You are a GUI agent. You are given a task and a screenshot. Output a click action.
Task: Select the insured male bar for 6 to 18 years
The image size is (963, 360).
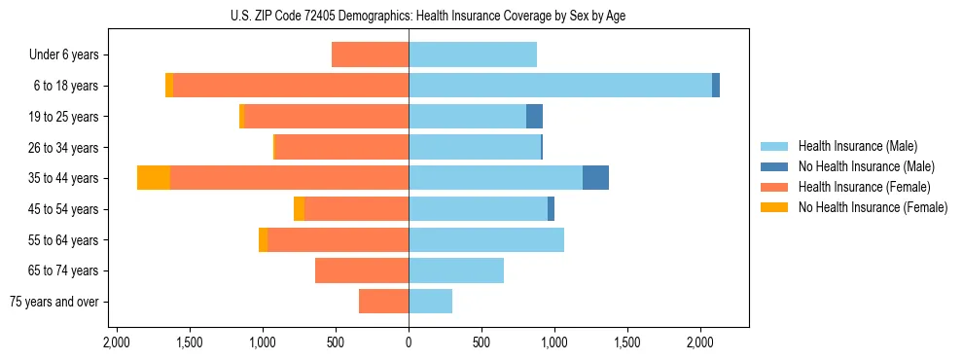[560, 86]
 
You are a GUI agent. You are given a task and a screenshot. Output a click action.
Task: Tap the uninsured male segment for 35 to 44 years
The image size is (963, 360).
[595, 178]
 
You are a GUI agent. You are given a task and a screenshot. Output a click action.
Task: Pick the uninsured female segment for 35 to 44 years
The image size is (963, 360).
[154, 178]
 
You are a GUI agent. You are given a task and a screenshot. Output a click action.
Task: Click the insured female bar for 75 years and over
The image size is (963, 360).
[383, 302]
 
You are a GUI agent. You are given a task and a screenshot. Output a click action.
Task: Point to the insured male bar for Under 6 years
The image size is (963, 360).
[473, 54]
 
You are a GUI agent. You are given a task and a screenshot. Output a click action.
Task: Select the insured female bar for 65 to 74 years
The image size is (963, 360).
[362, 270]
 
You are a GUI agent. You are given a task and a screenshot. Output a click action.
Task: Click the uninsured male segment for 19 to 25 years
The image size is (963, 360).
[534, 117]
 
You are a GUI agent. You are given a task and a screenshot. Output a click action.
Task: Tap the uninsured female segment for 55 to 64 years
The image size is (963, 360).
[263, 239]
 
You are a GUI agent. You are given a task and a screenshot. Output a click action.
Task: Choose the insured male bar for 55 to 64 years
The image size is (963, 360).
[486, 239]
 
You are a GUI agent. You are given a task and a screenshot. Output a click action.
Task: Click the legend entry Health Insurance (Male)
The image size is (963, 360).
[857, 146]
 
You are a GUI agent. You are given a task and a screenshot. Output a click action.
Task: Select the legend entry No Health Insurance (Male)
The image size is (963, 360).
[866, 166]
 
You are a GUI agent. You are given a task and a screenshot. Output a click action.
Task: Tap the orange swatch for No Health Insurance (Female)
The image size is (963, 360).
[774, 207]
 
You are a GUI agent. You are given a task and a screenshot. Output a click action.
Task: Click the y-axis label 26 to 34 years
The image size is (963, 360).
[63, 148]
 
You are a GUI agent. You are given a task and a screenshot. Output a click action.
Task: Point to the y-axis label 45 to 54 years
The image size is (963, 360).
[63, 209]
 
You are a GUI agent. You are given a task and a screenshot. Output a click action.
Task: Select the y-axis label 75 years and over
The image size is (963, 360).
[54, 302]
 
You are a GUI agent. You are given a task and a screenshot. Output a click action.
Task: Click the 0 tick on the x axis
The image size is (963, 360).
[409, 342]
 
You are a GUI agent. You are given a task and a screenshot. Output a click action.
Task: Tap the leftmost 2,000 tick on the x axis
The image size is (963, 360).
[117, 342]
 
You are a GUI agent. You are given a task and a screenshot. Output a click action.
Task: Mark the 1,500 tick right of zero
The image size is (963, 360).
[627, 342]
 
